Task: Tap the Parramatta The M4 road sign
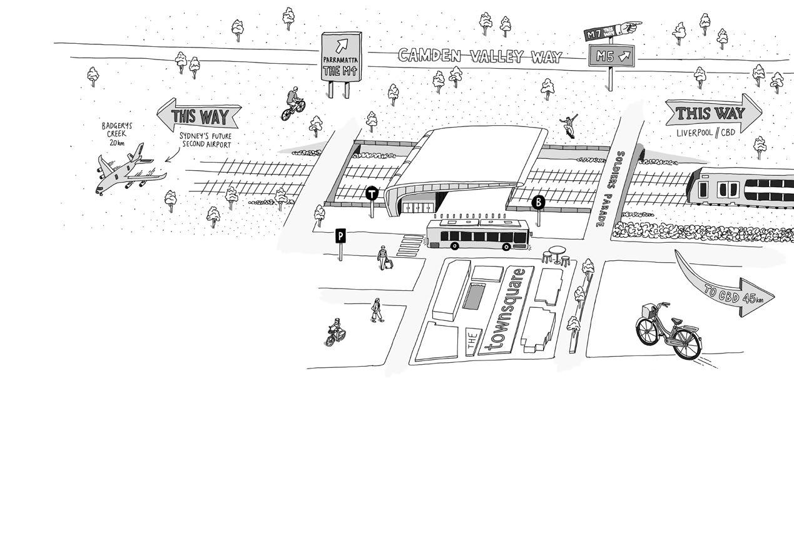[342, 57]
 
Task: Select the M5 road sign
[611, 56]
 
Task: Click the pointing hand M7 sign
[612, 30]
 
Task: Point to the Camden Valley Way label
[480, 56]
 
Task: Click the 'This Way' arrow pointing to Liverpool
[713, 114]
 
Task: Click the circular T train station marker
[372, 193]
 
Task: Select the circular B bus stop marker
[538, 202]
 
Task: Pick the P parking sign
[340, 236]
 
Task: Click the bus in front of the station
[479, 235]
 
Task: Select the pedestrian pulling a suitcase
[384, 257]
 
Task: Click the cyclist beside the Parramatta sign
[293, 104]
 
